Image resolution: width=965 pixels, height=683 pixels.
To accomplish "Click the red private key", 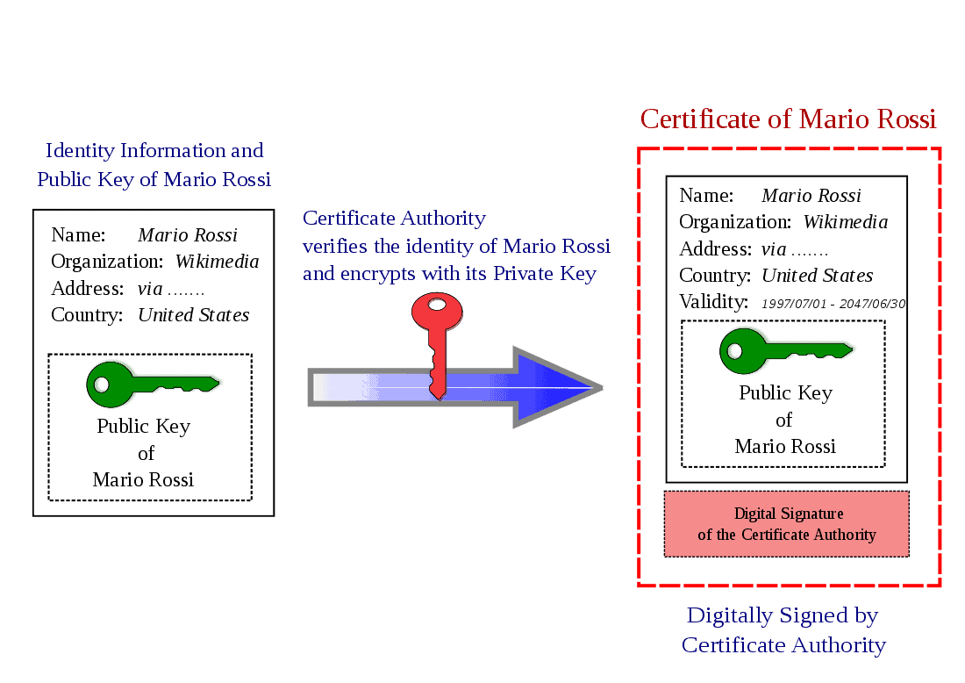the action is point(437,346).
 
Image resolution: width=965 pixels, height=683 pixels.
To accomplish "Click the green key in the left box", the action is point(153,385).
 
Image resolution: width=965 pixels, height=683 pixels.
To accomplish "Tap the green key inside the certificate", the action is point(786,351).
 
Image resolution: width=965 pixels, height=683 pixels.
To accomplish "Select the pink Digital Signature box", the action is point(787,524).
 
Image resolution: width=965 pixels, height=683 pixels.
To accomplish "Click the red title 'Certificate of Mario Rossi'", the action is point(788,119).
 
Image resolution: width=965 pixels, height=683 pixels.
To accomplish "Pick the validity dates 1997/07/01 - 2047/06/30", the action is point(833,304).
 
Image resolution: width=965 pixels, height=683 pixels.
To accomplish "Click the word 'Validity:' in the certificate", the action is point(713,302).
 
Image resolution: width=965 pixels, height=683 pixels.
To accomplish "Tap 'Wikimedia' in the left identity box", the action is point(217,261).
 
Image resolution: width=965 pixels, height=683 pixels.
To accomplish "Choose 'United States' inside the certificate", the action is point(818,276).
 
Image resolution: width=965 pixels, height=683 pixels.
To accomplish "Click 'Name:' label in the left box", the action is point(78,234).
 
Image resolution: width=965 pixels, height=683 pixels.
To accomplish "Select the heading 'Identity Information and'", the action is point(154,150).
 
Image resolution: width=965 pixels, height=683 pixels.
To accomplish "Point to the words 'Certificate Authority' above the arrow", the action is point(394,218).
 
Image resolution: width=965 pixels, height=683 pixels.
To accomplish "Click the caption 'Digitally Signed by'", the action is point(783,616).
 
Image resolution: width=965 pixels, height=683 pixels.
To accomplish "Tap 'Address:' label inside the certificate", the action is point(715,248).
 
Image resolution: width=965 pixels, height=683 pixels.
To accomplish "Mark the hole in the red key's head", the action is point(437,305).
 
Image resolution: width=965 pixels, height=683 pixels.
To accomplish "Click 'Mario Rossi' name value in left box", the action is point(188,234).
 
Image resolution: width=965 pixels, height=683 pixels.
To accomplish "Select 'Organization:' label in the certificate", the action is point(735,222).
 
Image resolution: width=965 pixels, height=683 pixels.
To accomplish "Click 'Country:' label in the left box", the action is point(87,314).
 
